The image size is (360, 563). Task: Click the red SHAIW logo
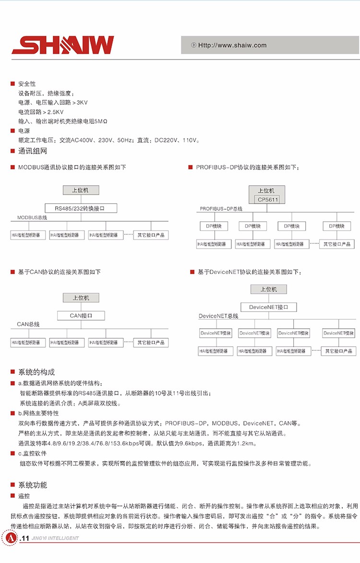click(63, 45)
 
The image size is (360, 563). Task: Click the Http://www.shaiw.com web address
click(232, 46)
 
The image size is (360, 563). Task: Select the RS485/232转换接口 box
click(80, 208)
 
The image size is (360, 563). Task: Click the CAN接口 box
click(81, 315)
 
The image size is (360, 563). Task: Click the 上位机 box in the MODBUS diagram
click(80, 190)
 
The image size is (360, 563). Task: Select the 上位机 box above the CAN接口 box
click(81, 298)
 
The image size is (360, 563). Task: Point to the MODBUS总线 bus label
click(33, 218)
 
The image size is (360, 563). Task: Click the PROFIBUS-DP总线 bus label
click(221, 209)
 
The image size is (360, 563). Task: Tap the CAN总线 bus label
click(28, 324)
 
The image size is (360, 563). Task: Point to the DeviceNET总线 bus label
click(219, 316)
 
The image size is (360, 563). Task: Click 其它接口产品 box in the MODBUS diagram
click(151, 235)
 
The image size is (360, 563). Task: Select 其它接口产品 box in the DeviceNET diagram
click(338, 351)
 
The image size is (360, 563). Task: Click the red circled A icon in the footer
click(9, 538)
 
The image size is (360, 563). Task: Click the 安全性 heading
click(27, 84)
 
